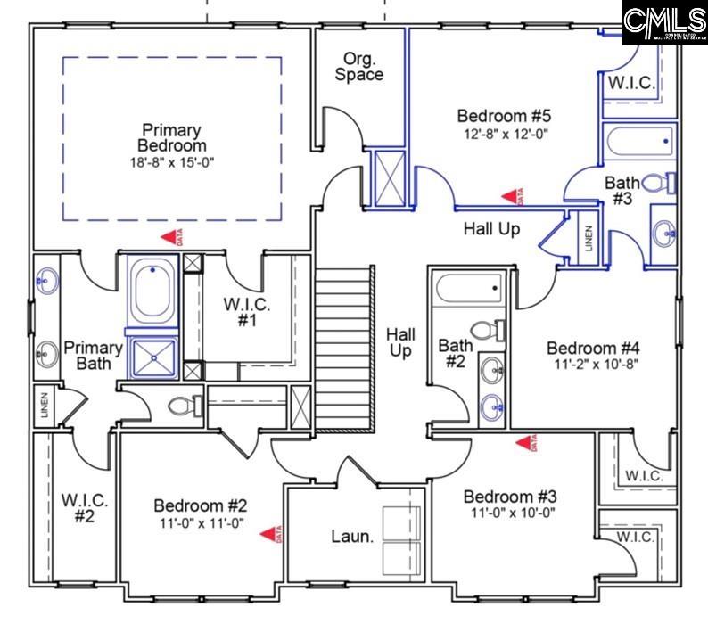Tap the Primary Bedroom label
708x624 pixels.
click(x=171, y=138)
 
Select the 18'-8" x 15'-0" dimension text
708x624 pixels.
click(x=171, y=162)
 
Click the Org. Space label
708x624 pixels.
click(x=359, y=66)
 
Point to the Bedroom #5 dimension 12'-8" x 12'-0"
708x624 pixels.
click(x=505, y=134)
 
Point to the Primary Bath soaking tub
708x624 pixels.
click(x=153, y=289)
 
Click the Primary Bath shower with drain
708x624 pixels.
click(x=153, y=355)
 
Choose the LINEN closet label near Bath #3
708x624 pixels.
click(x=588, y=236)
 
